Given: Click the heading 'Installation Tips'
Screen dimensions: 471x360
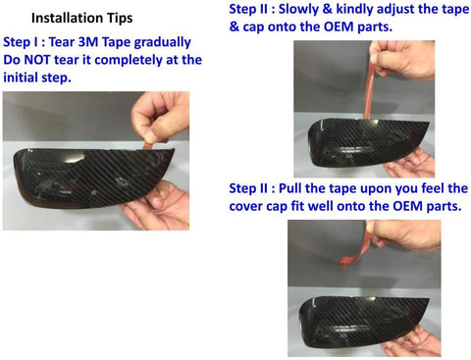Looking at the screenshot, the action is (x=81, y=18).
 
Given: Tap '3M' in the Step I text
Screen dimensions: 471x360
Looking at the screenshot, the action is (x=87, y=42).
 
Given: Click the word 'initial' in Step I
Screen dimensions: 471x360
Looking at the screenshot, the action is (x=21, y=77).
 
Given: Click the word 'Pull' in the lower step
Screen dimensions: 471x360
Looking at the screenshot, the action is (x=289, y=188).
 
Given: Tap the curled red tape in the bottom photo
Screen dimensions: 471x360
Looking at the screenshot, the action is (x=355, y=252).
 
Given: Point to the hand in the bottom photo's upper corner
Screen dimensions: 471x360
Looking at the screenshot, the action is (x=404, y=235).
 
